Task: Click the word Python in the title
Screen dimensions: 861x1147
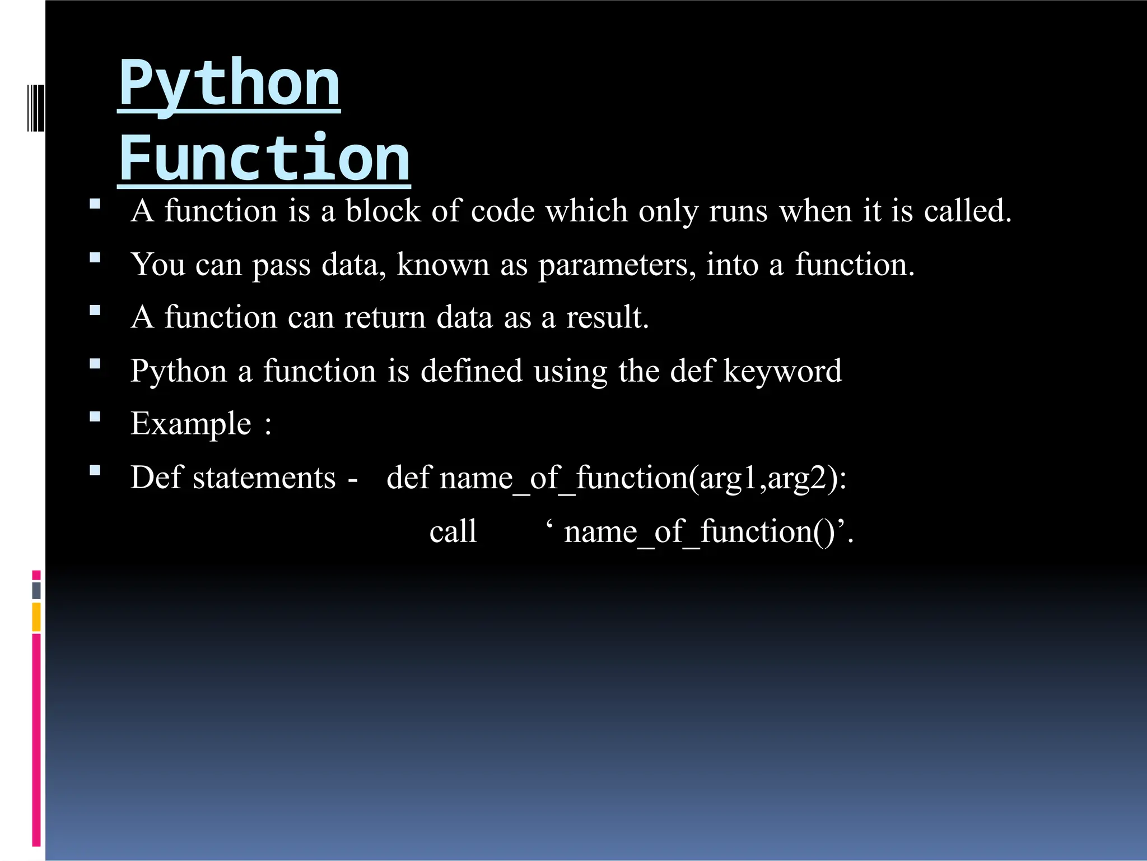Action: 229,84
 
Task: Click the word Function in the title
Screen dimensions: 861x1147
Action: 264,158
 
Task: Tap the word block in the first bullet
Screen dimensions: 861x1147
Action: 383,211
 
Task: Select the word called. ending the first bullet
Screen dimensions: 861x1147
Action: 967,211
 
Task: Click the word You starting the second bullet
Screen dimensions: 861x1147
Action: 157,265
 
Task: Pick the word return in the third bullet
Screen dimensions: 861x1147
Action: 385,318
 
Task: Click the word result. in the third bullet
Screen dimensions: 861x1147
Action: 607,318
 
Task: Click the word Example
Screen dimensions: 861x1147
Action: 191,424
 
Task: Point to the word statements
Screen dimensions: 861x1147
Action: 264,478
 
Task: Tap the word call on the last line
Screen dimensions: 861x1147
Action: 453,531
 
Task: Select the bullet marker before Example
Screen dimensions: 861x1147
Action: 95,416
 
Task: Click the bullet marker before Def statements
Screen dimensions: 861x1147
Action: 95,470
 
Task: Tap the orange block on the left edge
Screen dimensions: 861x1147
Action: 36,617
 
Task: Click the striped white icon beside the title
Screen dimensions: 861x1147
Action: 36,108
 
